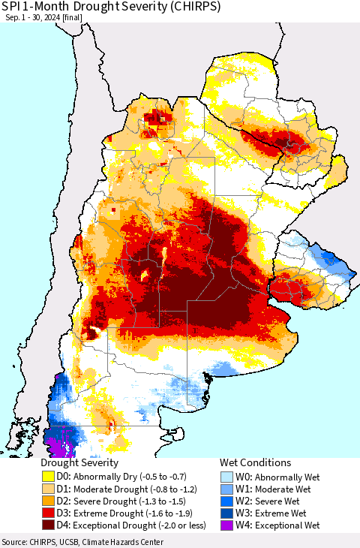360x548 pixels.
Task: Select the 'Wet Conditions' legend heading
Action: click(255, 463)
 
